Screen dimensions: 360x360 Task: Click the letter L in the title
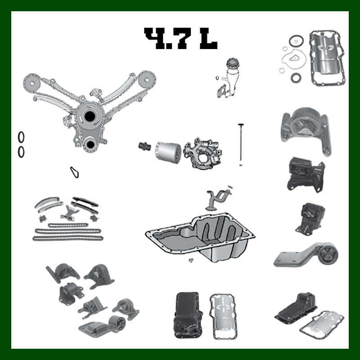coord(208,39)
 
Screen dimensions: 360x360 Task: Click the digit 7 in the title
coord(182,39)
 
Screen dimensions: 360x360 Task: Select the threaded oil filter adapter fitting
coord(144,147)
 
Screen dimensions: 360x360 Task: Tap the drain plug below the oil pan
coord(190,260)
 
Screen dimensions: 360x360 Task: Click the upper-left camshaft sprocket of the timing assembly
coord(32,83)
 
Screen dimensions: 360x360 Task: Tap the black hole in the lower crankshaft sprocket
coord(90,144)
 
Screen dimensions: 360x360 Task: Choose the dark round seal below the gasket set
coord(295,77)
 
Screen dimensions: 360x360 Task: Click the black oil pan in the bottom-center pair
coord(188,315)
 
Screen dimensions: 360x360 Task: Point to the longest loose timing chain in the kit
coord(68,238)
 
